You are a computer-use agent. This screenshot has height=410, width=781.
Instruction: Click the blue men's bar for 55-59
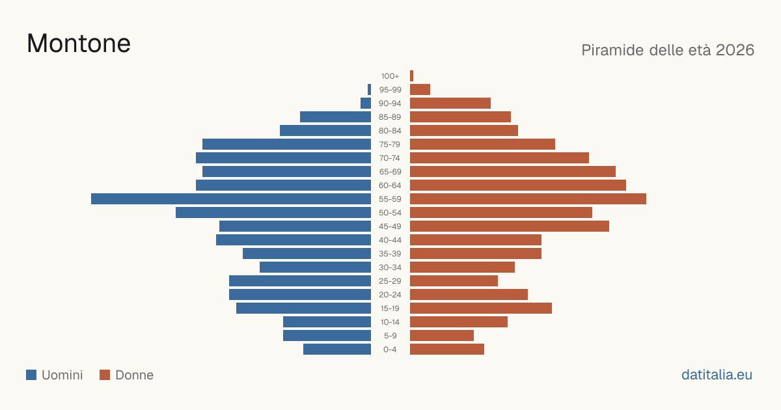(231, 198)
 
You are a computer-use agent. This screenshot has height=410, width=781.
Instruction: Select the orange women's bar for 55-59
(528, 198)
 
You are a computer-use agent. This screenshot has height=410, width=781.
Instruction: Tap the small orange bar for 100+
(412, 76)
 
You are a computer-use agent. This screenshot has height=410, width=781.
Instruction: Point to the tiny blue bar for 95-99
(369, 90)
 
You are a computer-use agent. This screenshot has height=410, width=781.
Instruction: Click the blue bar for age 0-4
(337, 349)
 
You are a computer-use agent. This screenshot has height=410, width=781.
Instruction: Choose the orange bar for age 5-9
(442, 335)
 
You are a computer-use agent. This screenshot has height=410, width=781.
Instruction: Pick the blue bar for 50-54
(273, 213)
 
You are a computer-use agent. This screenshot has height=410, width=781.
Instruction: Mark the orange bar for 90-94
(450, 103)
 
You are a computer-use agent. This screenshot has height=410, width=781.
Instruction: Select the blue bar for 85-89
(335, 116)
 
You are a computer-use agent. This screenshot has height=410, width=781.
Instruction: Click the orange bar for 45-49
(510, 226)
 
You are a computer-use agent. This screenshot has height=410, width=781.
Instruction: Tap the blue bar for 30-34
(315, 267)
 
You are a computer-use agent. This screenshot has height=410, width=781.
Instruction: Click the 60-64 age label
(390, 185)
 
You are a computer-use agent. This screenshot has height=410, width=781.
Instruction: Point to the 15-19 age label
(390, 308)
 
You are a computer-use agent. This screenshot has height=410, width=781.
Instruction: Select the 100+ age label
(390, 76)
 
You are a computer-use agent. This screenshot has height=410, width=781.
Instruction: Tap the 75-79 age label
(390, 144)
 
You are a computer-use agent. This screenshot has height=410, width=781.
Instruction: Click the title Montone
(79, 44)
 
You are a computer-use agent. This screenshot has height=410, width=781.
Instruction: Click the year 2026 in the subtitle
(735, 50)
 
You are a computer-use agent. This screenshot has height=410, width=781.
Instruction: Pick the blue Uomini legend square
(31, 375)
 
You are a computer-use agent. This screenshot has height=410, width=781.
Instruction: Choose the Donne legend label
(134, 375)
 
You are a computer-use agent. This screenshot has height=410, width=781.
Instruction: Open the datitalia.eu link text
(717, 375)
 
